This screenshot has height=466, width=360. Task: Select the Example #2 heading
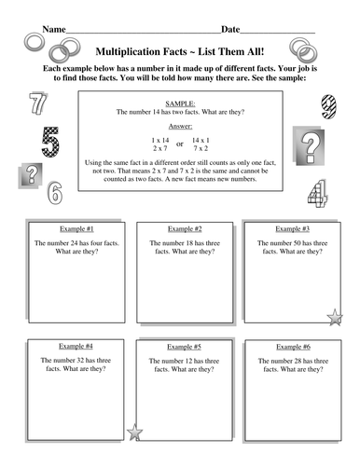(185, 228)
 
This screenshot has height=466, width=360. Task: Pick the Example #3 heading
(292, 228)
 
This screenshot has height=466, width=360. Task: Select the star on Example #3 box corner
(335, 320)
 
